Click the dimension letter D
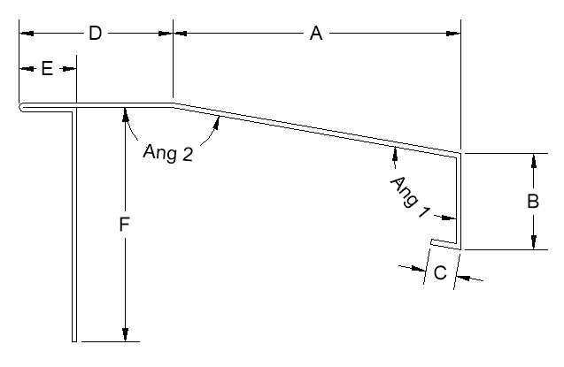tap(96, 34)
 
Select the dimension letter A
tap(316, 34)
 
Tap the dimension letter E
tap(47, 68)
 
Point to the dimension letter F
tap(124, 225)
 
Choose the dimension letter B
tap(533, 201)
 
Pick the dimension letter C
tap(440, 272)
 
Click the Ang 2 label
tap(168, 153)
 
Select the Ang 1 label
tap(410, 196)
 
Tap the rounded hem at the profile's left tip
tap(22, 107)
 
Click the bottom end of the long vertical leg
tap(74, 340)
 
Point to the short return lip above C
tap(445, 243)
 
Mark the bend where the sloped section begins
tap(173, 104)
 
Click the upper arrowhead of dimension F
tap(125, 114)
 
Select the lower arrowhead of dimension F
tap(125, 334)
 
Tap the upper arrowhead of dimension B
tap(534, 160)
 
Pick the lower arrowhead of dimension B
tap(534, 242)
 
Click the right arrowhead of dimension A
tap(453, 34)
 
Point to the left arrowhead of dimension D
tap(27, 34)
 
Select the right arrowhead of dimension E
tap(69, 68)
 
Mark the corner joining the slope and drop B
tap(460, 153)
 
